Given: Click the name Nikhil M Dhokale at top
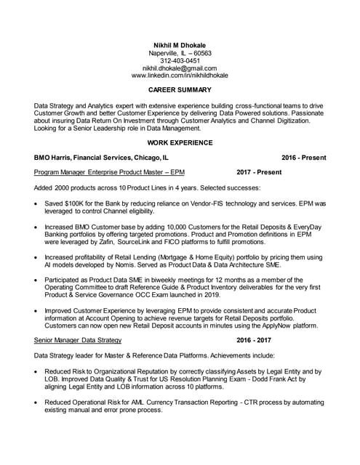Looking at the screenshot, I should (x=180, y=45).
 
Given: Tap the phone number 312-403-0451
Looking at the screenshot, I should (x=180, y=61).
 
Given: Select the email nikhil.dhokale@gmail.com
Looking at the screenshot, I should (x=180, y=68).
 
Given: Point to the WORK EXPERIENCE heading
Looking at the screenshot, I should (x=180, y=142).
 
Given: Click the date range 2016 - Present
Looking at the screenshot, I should (x=304, y=158).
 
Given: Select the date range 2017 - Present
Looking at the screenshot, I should (x=259, y=172).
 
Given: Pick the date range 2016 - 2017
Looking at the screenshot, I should (x=254, y=340).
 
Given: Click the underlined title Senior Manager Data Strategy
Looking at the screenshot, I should (x=78, y=340).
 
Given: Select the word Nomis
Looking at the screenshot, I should (x=132, y=265).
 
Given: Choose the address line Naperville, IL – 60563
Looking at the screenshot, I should (x=180, y=53).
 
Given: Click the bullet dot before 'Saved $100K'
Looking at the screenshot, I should (x=37, y=204).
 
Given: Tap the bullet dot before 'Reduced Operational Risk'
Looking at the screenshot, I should (x=37, y=401).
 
